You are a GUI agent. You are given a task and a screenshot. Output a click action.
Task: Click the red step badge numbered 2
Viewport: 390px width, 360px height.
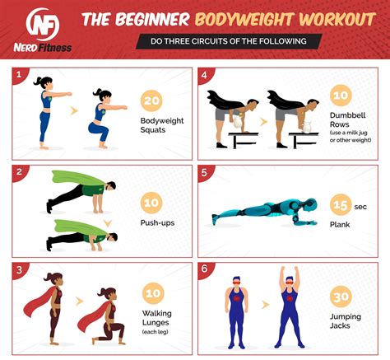pyautogui.click(x=17, y=172)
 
